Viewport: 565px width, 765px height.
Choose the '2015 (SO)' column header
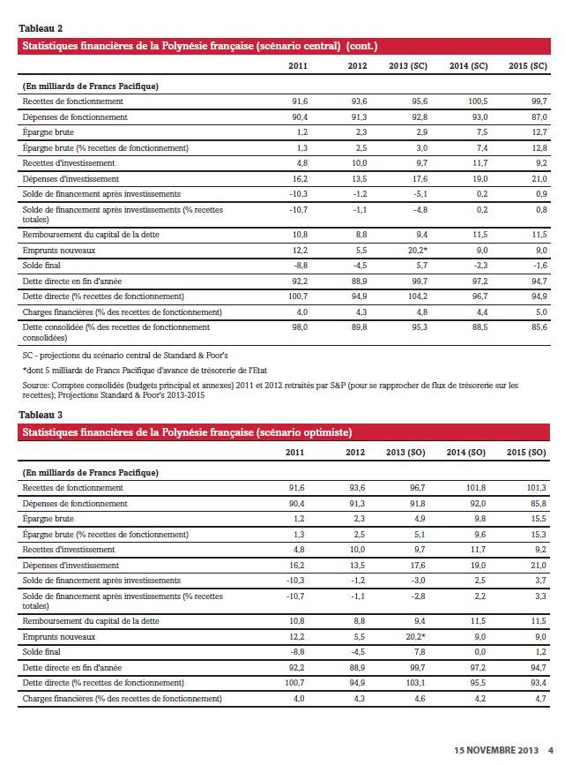[528, 453]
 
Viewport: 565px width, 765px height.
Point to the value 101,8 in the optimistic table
[477, 487]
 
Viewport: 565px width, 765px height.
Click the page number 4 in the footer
[549, 750]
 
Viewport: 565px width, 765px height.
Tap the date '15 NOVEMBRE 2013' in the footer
[496, 750]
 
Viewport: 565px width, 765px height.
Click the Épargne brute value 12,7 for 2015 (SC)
[539, 132]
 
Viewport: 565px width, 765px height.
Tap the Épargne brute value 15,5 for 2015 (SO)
[539, 519]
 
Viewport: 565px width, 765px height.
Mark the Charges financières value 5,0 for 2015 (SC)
[540, 311]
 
